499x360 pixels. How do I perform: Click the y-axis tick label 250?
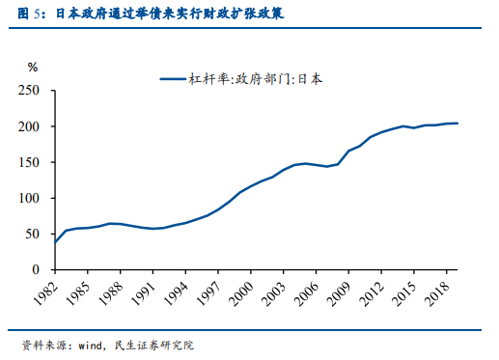[x=30, y=90]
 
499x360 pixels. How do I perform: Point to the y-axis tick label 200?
[x=30, y=126]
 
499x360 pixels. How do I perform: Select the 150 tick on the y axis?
[x=30, y=162]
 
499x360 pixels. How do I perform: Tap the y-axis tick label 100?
[x=30, y=198]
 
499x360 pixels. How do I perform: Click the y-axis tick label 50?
[x=34, y=234]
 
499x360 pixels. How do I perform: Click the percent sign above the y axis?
[x=33, y=68]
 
